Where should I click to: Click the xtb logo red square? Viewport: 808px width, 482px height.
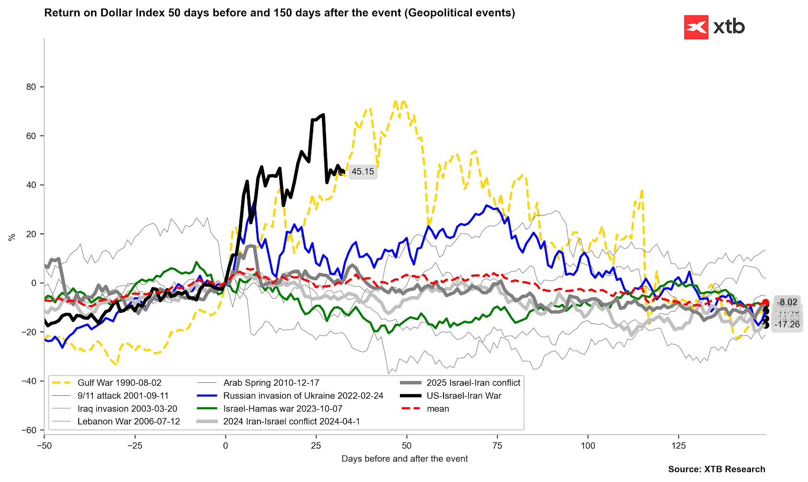(x=696, y=27)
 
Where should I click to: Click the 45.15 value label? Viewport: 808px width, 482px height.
(x=363, y=172)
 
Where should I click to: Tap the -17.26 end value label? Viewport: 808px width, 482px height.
(x=787, y=324)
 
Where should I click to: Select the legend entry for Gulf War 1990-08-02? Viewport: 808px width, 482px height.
(x=119, y=383)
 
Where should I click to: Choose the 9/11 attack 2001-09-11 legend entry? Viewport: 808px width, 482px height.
(x=123, y=396)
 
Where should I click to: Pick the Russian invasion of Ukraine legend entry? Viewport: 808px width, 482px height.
(x=303, y=396)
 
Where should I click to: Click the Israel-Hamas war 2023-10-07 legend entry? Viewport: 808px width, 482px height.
(x=283, y=409)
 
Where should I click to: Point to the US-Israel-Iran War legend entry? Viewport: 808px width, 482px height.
(x=464, y=396)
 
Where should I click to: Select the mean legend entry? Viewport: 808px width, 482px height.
(x=438, y=409)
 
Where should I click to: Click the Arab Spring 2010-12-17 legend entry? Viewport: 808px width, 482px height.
(x=271, y=383)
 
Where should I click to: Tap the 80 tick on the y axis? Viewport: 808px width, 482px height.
(x=31, y=87)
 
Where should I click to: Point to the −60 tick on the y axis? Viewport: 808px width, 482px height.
(x=29, y=430)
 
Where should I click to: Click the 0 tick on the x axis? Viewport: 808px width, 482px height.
(x=225, y=446)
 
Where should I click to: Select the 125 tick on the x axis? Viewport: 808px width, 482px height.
(x=679, y=446)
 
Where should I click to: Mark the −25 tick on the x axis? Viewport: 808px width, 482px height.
(x=135, y=446)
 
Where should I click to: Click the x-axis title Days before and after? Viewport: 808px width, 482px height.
(x=404, y=459)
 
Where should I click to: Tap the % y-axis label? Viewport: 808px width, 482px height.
(x=12, y=237)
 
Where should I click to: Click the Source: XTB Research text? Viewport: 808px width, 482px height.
(x=716, y=470)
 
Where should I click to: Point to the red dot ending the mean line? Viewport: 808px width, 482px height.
(x=765, y=302)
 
